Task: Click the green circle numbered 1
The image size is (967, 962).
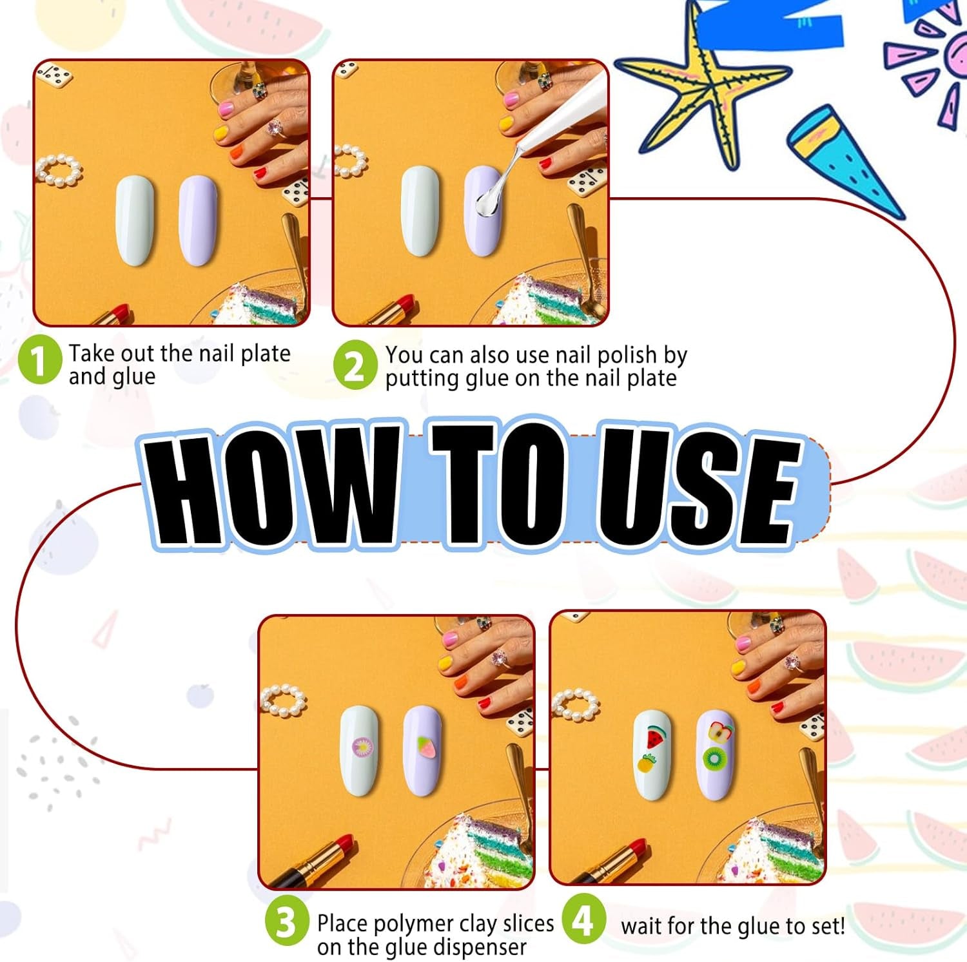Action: (x=40, y=361)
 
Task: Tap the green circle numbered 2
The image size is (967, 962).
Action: (x=355, y=365)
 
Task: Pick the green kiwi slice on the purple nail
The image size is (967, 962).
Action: (x=714, y=758)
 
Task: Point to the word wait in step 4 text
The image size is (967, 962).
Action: (x=641, y=926)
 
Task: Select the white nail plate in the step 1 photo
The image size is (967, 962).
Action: (x=135, y=220)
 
